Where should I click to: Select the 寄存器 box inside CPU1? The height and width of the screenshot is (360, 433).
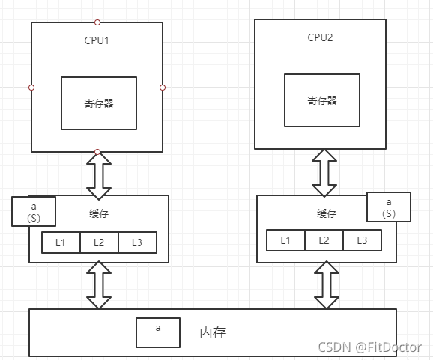99,103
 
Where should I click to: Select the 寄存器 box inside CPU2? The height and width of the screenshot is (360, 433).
322,100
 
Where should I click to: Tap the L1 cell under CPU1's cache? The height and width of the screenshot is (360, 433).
61,242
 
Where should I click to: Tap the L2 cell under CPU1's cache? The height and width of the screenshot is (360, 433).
99,242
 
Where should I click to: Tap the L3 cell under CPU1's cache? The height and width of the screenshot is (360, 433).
137,242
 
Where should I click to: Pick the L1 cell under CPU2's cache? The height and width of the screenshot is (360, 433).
285,240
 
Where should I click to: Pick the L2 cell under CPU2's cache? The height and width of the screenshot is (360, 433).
324,240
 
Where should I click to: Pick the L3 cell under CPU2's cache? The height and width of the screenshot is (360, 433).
362,240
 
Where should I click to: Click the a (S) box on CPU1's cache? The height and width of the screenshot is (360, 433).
34,211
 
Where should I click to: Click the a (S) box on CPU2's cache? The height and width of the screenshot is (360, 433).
388,207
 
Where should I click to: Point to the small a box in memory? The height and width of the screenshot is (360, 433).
157,332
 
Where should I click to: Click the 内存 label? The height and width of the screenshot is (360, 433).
214,332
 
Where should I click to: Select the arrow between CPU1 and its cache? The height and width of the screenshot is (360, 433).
98,174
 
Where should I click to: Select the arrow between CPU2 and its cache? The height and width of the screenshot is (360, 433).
324,172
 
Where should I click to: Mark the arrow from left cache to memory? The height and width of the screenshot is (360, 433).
98,285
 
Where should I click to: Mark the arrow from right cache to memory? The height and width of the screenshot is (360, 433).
324,285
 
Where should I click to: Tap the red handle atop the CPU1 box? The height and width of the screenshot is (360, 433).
97,22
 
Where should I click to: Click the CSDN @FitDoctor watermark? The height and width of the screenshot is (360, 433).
370,347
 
